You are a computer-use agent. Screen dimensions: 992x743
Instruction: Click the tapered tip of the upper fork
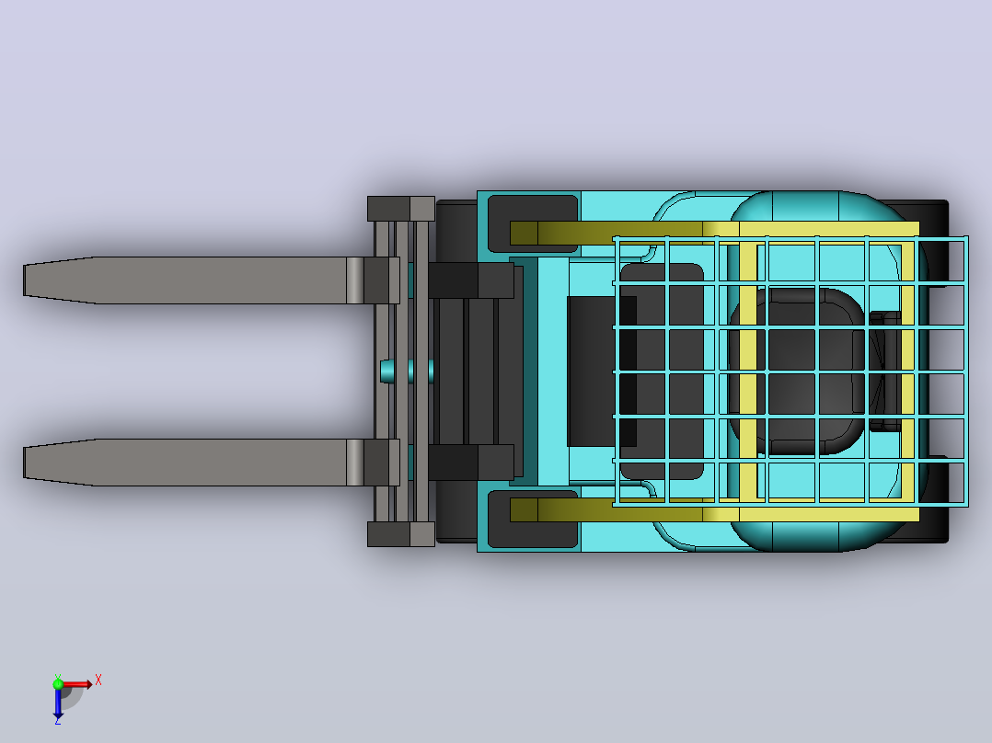pyautogui.click(x=24, y=280)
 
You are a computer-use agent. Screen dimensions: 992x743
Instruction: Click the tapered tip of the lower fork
pyautogui.click(x=24, y=463)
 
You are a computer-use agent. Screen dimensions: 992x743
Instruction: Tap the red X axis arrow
pyautogui.click(x=75, y=684)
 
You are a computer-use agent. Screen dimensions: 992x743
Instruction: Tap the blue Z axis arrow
pyautogui.click(x=58, y=703)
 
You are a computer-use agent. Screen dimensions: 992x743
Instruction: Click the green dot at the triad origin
pyautogui.click(x=58, y=683)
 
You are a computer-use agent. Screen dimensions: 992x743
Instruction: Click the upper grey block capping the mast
pyautogui.click(x=401, y=209)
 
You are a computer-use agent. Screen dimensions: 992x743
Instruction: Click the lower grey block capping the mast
pyautogui.click(x=401, y=534)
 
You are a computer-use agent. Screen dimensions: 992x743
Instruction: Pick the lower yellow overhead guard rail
pyautogui.click(x=714, y=510)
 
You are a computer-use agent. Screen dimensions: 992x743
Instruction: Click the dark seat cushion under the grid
pyautogui.click(x=796, y=371)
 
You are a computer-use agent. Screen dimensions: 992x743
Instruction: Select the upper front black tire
pyautogui.click(x=456, y=232)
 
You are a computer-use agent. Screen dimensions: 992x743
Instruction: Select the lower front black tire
pyautogui.click(x=456, y=511)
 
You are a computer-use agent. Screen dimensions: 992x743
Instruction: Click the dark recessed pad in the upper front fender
pyautogui.click(x=532, y=223)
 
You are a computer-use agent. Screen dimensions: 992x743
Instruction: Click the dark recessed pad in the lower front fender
pyautogui.click(x=532, y=519)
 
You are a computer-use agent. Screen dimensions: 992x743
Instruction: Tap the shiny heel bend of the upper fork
pyautogui.click(x=355, y=280)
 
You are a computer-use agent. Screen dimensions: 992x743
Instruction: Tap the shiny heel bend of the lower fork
pyautogui.click(x=355, y=463)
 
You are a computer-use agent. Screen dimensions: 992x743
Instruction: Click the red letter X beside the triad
pyautogui.click(x=98, y=680)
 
